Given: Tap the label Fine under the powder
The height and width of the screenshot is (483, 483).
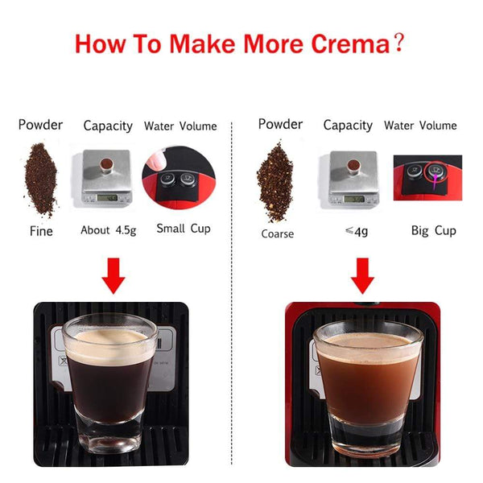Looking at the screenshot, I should point(40,231).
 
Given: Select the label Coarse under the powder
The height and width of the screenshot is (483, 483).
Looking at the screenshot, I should point(277,234).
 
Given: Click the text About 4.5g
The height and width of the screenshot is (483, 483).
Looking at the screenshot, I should point(109,230).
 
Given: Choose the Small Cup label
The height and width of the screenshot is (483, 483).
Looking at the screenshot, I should point(183,229).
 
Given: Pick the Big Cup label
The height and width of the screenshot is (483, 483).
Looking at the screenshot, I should point(433,231).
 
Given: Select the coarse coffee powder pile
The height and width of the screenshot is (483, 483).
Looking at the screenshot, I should point(275,181).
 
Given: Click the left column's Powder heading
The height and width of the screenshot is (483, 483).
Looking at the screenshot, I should point(40,125).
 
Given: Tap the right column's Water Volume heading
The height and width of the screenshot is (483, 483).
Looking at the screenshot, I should point(420,126).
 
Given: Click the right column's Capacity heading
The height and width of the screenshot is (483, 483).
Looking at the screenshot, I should point(348,126).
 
